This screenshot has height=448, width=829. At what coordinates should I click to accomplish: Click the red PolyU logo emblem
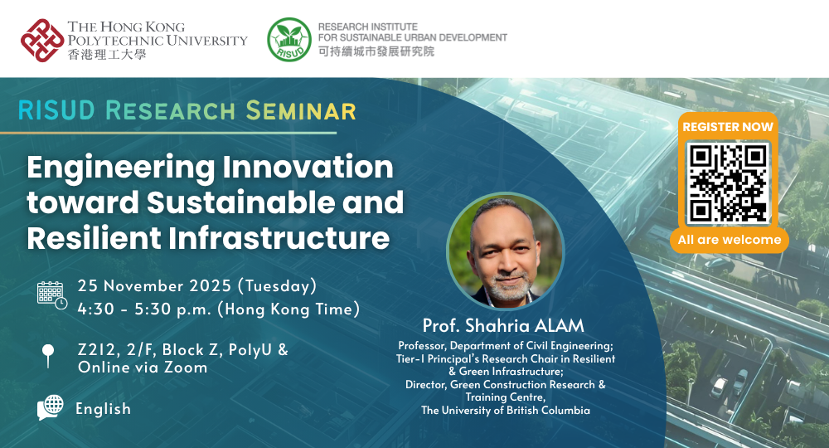tap(42, 40)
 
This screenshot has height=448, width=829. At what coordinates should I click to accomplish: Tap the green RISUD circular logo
tap(288, 40)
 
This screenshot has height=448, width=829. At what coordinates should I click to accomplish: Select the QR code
tap(729, 183)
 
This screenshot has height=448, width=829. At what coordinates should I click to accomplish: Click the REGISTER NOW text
tap(728, 127)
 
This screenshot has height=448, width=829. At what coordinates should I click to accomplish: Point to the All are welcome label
tap(730, 240)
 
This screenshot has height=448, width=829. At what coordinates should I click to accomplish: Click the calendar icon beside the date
tap(51, 295)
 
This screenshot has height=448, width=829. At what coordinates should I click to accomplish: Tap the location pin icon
tap(47, 356)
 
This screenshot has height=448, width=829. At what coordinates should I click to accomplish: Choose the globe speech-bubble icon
tap(51, 407)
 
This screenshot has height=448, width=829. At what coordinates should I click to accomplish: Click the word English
tap(103, 409)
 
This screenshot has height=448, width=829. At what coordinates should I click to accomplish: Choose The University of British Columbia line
tap(505, 410)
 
